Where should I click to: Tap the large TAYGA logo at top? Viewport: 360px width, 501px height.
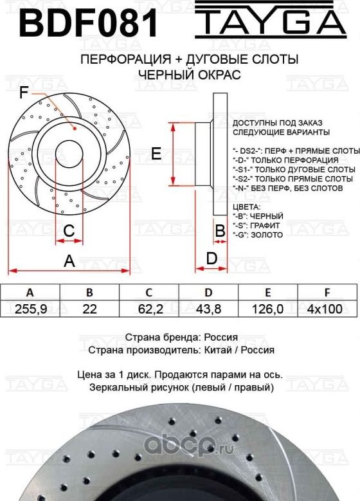(270, 21)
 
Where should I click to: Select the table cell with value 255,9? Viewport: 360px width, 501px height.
(30, 309)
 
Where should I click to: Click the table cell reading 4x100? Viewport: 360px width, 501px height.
(326, 309)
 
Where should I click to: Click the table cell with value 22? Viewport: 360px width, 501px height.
(89, 309)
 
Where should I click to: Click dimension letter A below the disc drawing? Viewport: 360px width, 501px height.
(69, 261)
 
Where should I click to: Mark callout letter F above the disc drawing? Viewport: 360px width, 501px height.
(23, 95)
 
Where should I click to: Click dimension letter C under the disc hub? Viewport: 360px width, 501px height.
(69, 230)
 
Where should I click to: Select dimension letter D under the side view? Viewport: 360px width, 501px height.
(211, 259)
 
